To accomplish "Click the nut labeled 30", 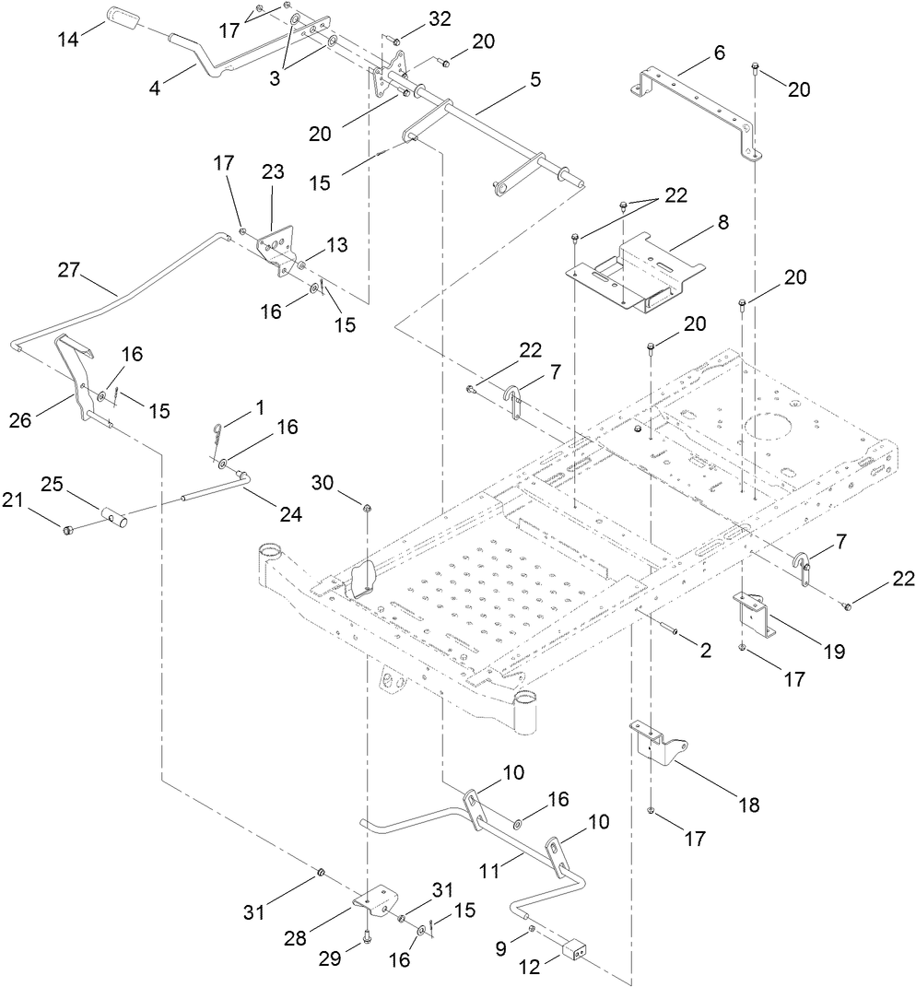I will click(x=368, y=508).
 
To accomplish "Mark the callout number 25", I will click(x=53, y=485).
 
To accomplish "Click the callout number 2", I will click(x=705, y=650).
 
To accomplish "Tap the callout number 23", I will click(x=273, y=171).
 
